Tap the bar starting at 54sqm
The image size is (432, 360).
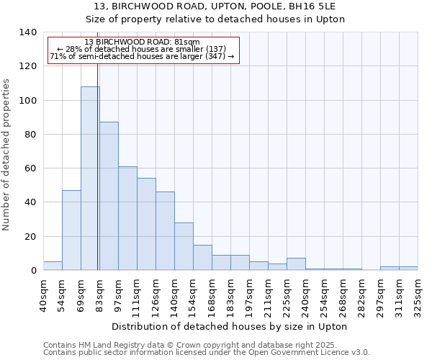pyautogui.click(x=71, y=230)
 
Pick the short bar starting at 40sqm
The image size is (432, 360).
pyautogui.click(x=53, y=266)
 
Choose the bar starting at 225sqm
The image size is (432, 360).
pyautogui.click(x=296, y=264)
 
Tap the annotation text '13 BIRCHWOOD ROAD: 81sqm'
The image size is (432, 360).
pyautogui.click(x=142, y=42)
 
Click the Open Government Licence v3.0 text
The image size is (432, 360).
pyautogui.click(x=314, y=352)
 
